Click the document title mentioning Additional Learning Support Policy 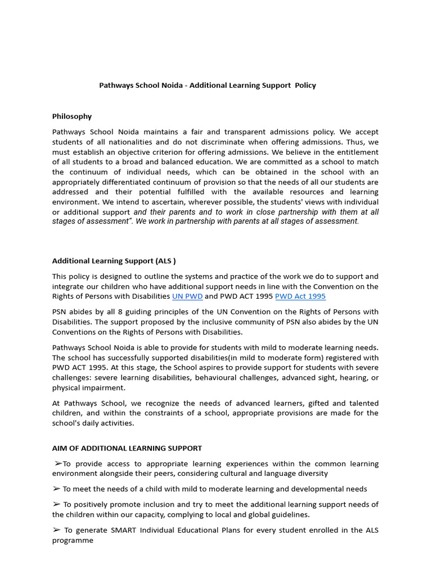tap(208, 85)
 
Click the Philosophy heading tap(72, 116)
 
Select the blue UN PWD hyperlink tap(187, 296)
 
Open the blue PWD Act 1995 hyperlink tap(300, 296)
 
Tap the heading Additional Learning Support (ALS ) tap(114, 261)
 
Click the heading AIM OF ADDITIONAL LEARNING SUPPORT tap(127, 448)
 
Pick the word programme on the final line tap(73, 540)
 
